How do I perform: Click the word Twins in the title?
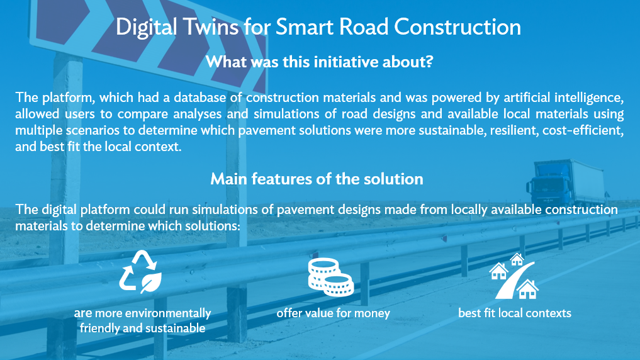pyautogui.click(x=210, y=27)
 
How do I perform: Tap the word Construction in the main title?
pyautogui.click(x=457, y=27)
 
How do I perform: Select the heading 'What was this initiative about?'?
pyautogui.click(x=319, y=62)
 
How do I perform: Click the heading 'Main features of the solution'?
pyautogui.click(x=317, y=179)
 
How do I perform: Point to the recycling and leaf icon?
pyautogui.click(x=140, y=272)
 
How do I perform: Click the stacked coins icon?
pyautogui.click(x=331, y=277)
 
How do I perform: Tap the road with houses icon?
pyautogui.click(x=514, y=276)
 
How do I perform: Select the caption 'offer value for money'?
pyautogui.click(x=333, y=313)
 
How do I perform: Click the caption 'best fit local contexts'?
pyautogui.click(x=515, y=313)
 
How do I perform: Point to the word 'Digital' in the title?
pyautogui.click(x=146, y=27)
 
